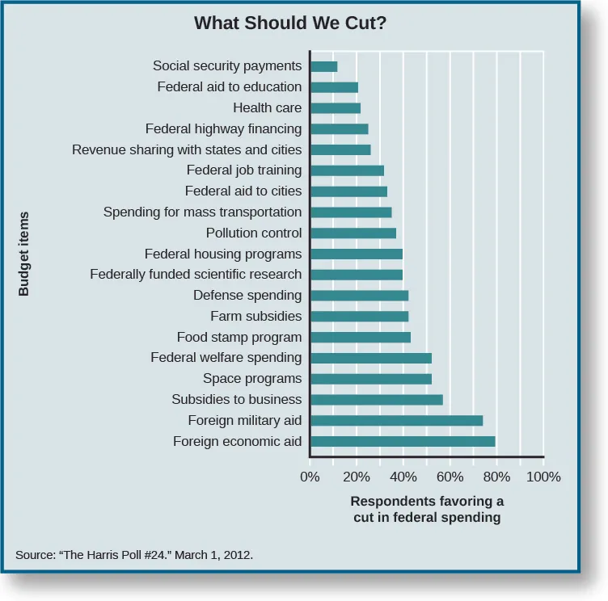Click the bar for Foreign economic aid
pyautogui.click(x=403, y=441)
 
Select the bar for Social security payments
pyautogui.click(x=323, y=66)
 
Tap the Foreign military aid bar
pyautogui.click(x=396, y=420)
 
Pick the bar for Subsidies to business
pyautogui.click(x=376, y=399)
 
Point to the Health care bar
pyautogui.click(x=336, y=107)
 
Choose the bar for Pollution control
pyautogui.click(x=353, y=233)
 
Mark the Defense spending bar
pyautogui.click(x=359, y=296)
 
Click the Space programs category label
pyautogui.click(x=251, y=378)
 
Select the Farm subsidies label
pyautogui.click(x=255, y=316)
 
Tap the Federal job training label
pyautogui.click(x=243, y=170)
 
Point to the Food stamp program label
pyautogui.click(x=239, y=337)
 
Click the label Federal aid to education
pyautogui.click(x=229, y=86)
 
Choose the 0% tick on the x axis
pyautogui.click(x=310, y=477)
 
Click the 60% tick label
pyautogui.click(x=450, y=477)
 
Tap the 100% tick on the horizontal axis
pyautogui.click(x=543, y=477)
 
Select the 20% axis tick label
pyautogui.click(x=357, y=477)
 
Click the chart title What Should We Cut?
pyautogui.click(x=289, y=23)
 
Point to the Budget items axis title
pyautogui.click(x=23, y=254)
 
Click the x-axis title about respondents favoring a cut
pyautogui.click(x=426, y=509)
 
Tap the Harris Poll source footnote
pyautogui.click(x=134, y=555)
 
